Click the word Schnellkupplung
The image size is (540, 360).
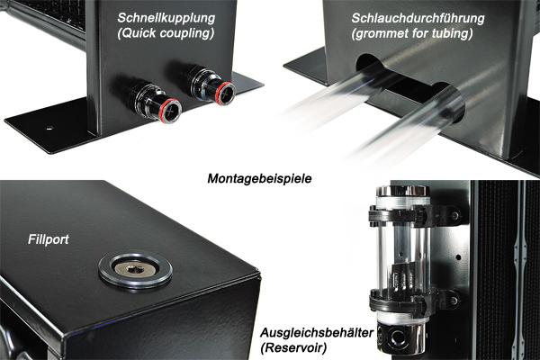coord(166,19)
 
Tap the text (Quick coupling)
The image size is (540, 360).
coord(166,33)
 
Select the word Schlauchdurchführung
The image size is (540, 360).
coord(418,18)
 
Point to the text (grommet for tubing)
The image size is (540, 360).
coord(412,34)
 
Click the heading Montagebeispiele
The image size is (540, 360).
coord(259,178)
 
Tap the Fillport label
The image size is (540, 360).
coord(49,239)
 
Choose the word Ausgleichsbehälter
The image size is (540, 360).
coord(317,333)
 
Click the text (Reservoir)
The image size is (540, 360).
coord(293,348)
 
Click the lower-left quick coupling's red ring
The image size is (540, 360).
coord(170,110)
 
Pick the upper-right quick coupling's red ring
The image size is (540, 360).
coord(225,93)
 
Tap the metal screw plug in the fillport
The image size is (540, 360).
coord(134,269)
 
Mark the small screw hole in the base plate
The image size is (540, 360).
coord(49,128)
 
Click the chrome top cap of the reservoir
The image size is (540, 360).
coord(402,191)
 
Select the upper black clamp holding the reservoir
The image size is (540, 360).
coord(413,215)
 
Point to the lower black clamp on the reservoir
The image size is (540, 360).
coord(413,301)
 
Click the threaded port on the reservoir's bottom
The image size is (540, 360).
coord(398,338)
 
